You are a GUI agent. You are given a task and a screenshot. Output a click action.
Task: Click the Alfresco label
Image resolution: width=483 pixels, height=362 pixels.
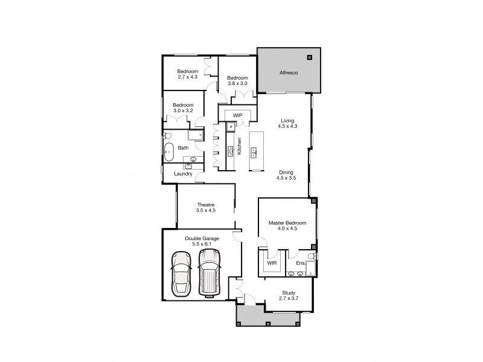(288, 72)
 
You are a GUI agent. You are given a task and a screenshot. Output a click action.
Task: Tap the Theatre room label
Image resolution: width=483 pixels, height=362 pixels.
(205, 207)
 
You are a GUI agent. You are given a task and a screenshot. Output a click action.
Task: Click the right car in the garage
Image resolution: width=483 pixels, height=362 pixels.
(209, 273)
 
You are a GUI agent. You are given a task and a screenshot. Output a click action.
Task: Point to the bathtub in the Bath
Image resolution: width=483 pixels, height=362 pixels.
(169, 151)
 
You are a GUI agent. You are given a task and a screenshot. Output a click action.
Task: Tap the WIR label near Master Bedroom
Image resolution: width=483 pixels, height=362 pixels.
(271, 263)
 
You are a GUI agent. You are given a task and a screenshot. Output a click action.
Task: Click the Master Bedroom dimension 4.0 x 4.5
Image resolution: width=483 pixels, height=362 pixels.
(287, 229)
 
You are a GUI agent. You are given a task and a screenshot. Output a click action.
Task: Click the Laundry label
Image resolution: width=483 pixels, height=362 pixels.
(183, 174)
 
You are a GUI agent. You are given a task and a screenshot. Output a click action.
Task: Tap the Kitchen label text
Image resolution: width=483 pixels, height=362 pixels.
(239, 145)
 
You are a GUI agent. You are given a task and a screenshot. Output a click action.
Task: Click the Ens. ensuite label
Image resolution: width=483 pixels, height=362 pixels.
(300, 263)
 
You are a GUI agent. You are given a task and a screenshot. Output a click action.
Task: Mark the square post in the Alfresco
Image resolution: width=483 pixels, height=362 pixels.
(310, 57)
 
